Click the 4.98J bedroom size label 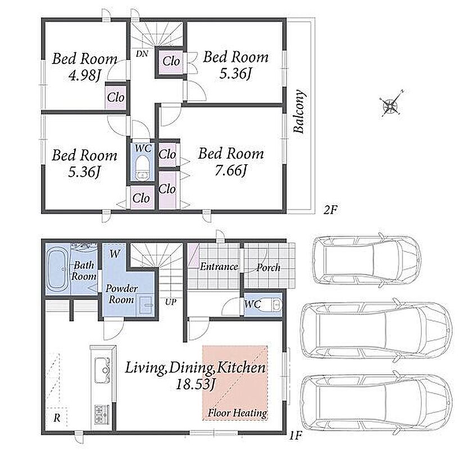[84, 75]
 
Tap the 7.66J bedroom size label [230, 171]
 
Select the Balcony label [299, 111]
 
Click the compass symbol [391, 104]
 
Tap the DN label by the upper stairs [142, 54]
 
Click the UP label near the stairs [170, 301]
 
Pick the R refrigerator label [57, 418]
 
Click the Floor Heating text [238, 413]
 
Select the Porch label [268, 268]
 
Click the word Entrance [219, 267]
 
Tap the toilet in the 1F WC [276, 304]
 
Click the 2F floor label [330, 210]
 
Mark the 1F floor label [296, 436]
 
